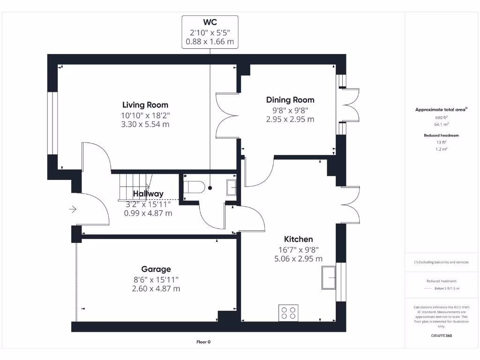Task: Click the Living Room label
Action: coord(145,105)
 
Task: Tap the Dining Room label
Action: coord(290,100)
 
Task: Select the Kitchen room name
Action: coord(298,239)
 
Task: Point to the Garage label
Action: coord(156,269)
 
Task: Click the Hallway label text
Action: coord(148,194)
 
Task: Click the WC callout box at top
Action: coord(210,31)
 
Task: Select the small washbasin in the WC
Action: coord(232,187)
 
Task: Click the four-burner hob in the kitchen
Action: coord(288,313)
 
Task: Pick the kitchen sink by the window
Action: coord(329,277)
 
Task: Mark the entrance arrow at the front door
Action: coord(73,209)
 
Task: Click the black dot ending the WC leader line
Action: coord(210,188)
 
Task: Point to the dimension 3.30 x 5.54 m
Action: coord(145,124)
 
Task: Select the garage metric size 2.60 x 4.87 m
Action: coord(156,289)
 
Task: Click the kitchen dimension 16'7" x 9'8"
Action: coord(298,249)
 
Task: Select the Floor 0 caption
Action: coord(203,342)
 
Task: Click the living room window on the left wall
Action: coord(52,123)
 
